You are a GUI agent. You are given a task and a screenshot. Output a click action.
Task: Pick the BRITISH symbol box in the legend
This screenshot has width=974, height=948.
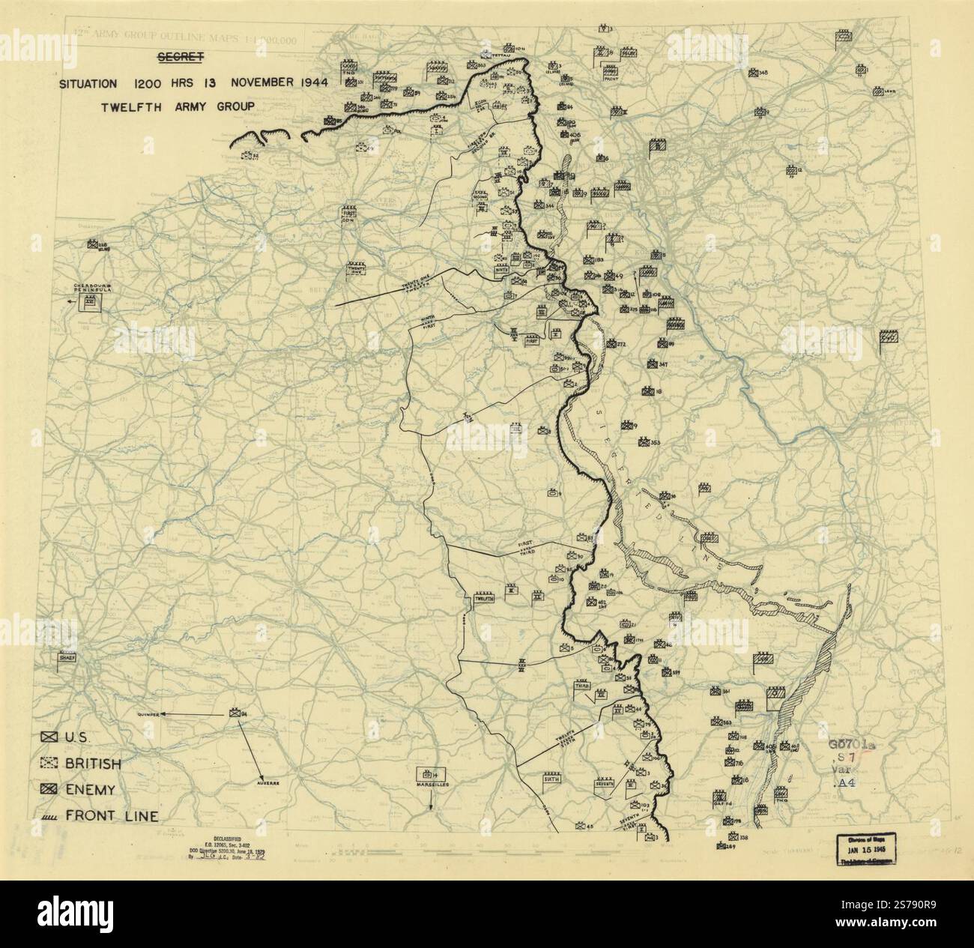coord(50,764)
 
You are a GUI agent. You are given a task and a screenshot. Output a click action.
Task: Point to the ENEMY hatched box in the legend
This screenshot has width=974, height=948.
coord(50,790)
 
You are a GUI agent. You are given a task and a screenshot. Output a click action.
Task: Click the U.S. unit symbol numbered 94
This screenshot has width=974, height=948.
coord(235,713)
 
